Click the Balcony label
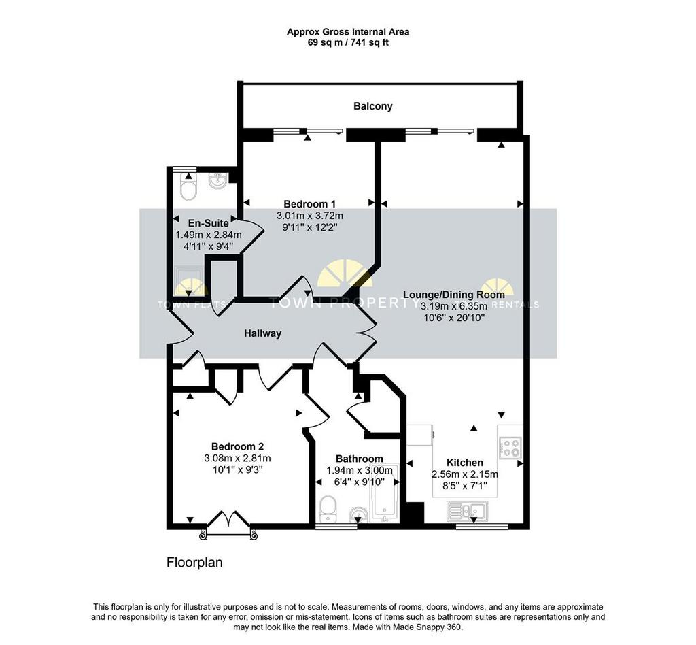373,106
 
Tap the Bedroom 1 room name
309,204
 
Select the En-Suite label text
208,223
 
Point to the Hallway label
263,333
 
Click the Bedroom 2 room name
237,446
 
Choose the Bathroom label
359,459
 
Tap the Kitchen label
465,463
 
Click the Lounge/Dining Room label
453,295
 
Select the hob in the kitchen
510,448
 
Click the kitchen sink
468,511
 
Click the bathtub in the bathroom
385,493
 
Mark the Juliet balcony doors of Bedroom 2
228,527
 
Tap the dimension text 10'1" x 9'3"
239,469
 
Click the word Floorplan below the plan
194,563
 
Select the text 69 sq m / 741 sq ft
348,43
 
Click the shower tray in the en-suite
190,281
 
